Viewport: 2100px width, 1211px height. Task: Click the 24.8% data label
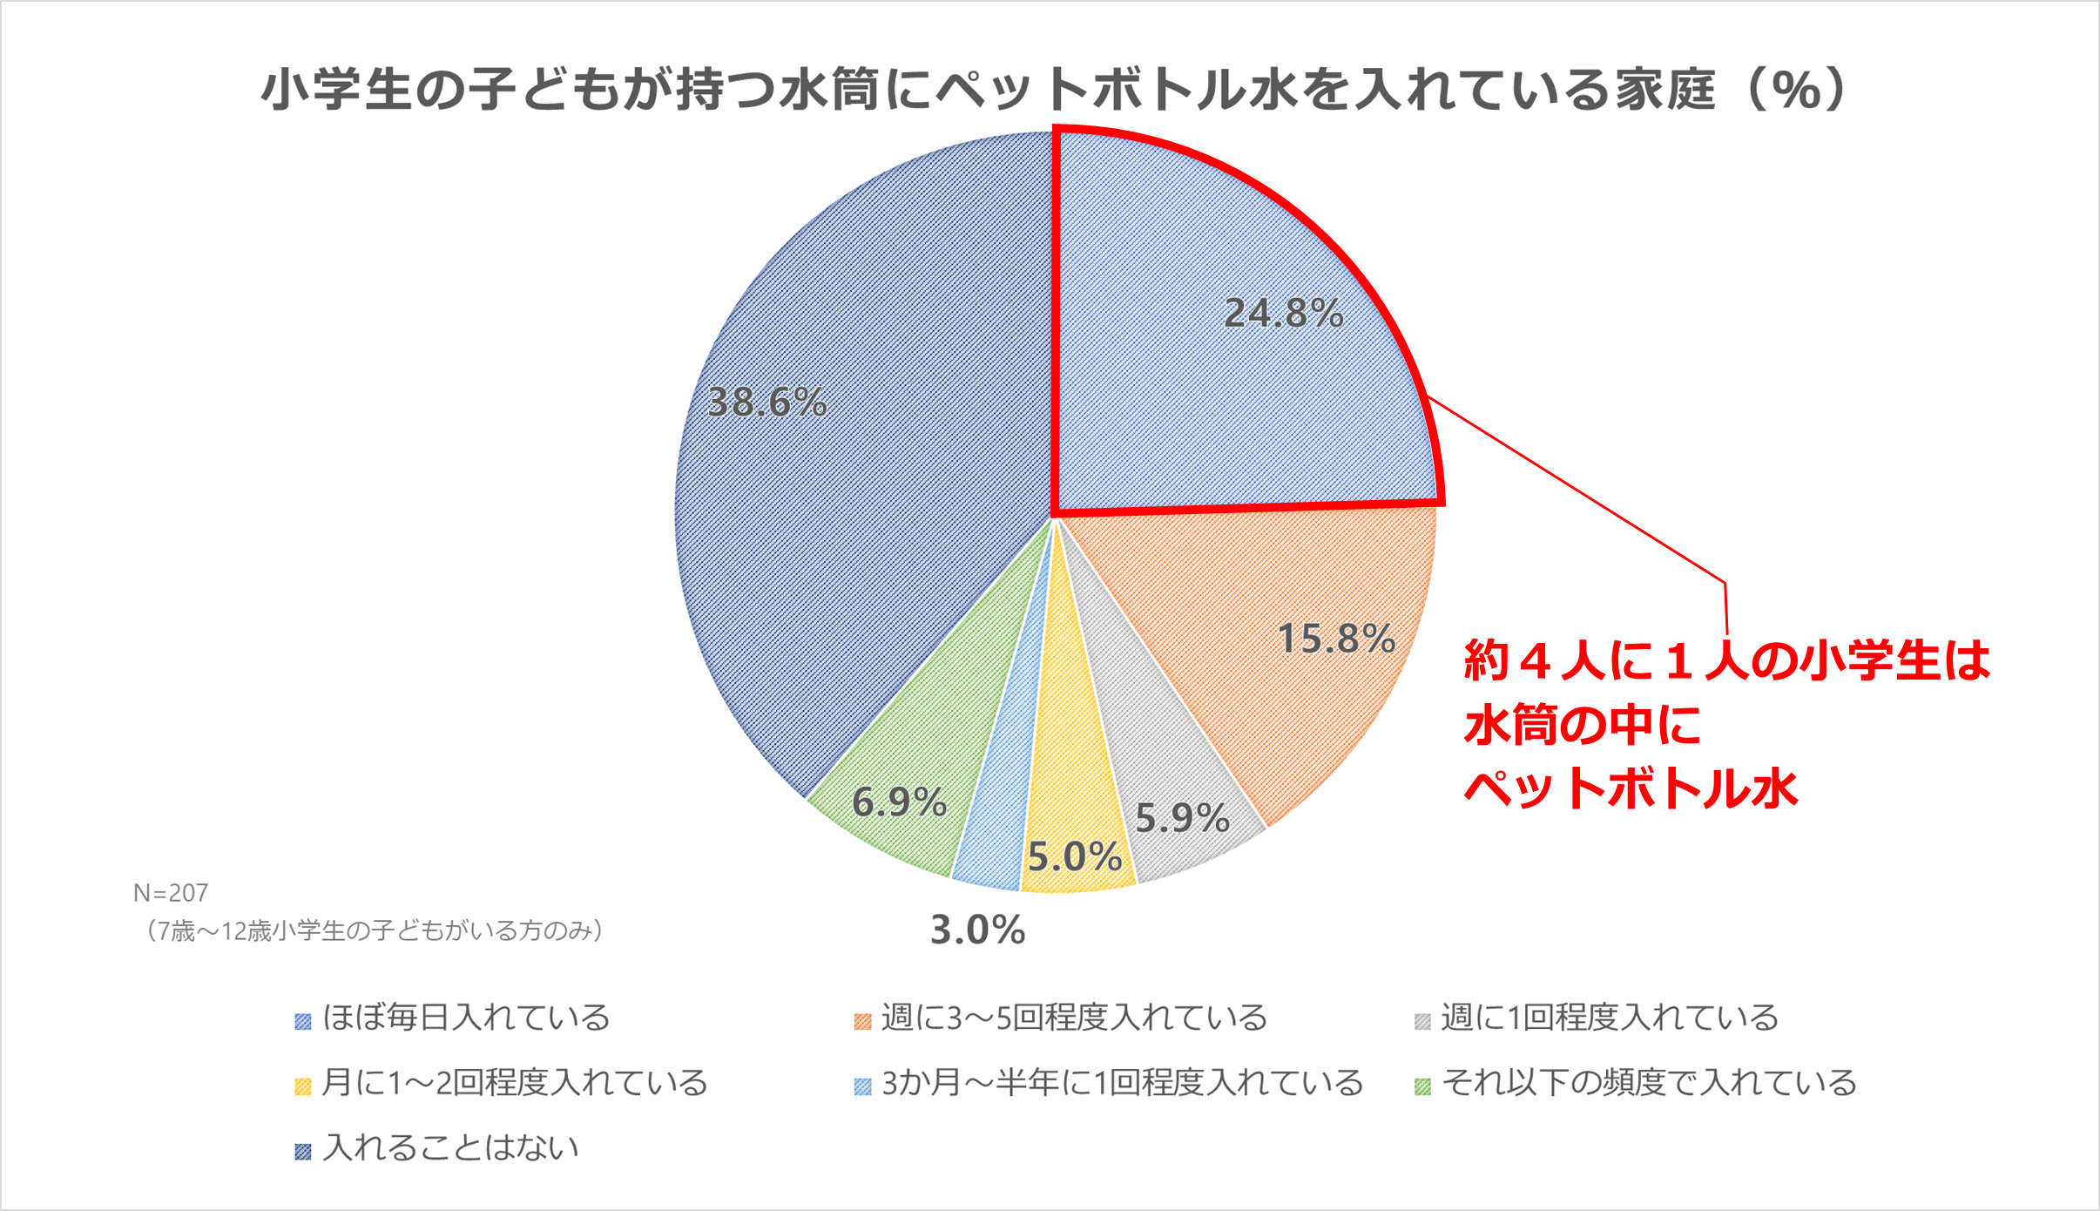click(1283, 314)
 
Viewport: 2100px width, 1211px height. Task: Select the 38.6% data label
click(766, 403)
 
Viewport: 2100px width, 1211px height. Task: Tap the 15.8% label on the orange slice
click(1336, 639)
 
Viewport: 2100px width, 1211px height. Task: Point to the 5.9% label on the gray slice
click(1182, 818)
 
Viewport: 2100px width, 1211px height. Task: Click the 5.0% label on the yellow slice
click(1075, 856)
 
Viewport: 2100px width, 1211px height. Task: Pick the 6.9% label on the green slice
click(899, 802)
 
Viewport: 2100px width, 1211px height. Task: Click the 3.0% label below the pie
click(977, 930)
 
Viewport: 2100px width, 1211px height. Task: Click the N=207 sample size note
click(171, 893)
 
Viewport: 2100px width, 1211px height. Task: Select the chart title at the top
click(1054, 90)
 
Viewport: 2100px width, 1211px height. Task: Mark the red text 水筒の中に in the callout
click(1582, 725)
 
